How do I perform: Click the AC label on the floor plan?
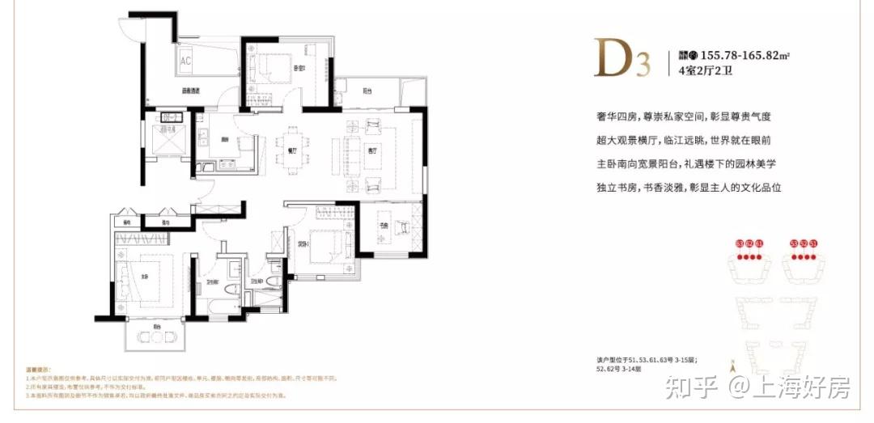(x=185, y=61)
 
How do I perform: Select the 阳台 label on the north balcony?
(x=368, y=91)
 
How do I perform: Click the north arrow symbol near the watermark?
(x=734, y=366)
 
